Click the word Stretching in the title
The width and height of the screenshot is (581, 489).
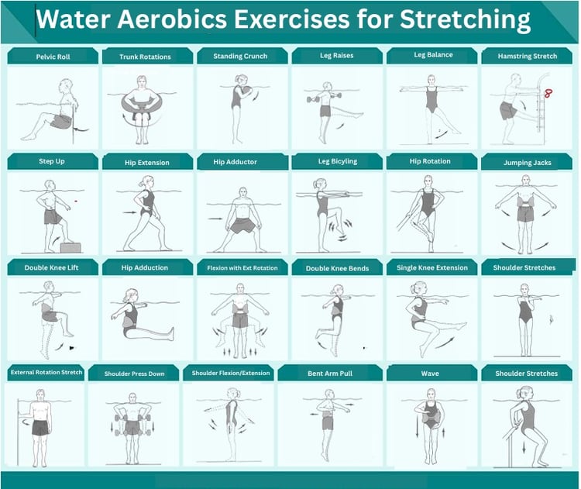pyautogui.click(x=465, y=19)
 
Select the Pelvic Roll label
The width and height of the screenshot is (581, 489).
pyautogui.click(x=53, y=57)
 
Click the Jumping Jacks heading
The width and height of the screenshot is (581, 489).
pyautogui.click(x=528, y=163)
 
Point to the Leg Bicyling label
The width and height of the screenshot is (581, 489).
pyautogui.click(x=338, y=161)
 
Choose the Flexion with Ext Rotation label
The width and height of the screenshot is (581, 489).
pyautogui.click(x=242, y=267)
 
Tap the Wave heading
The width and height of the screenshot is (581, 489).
pyautogui.click(x=430, y=374)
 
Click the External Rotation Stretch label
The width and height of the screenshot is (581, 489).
pyautogui.click(x=46, y=372)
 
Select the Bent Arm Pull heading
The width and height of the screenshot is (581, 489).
pyautogui.click(x=330, y=374)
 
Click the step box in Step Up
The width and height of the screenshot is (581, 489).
pyautogui.click(x=70, y=247)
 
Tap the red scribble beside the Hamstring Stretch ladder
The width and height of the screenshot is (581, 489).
pyautogui.click(x=548, y=93)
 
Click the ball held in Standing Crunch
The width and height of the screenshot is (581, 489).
pyautogui.click(x=246, y=90)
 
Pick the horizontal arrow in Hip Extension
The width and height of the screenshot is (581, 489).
pyautogui.click(x=129, y=212)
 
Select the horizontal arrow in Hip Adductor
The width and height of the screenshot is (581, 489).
pyautogui.click(x=215, y=219)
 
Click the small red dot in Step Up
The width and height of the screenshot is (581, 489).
pyautogui.click(x=76, y=201)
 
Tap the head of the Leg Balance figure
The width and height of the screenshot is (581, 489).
pyautogui.click(x=431, y=80)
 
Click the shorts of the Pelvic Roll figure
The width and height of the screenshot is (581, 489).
pyautogui.click(x=60, y=121)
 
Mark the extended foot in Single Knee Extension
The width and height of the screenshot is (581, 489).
pyautogui.click(x=462, y=326)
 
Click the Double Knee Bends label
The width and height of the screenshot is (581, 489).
pyautogui.click(x=337, y=268)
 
